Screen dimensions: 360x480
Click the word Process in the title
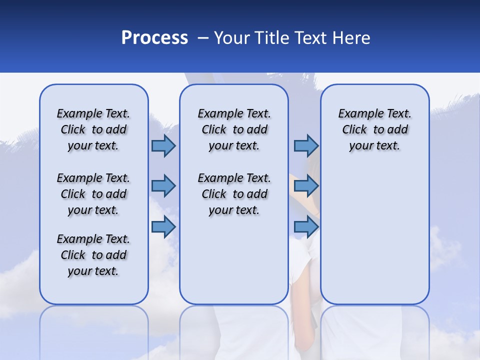tap(154, 38)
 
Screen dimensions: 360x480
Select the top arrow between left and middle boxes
tap(163, 145)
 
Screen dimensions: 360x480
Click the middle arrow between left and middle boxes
tap(163, 186)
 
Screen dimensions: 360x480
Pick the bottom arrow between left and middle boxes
tap(163, 226)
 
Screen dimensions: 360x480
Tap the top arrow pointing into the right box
tap(306, 145)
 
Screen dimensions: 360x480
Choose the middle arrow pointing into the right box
tap(306, 186)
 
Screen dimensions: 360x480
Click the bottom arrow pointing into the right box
tap(306, 226)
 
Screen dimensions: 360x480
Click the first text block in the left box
tap(93, 129)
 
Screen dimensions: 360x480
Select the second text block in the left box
tap(93, 194)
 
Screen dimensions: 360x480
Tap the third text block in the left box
tap(93, 255)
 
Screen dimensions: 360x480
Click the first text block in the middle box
tap(234, 129)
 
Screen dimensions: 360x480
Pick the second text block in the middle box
tap(234, 194)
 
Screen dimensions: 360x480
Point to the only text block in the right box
tap(374, 129)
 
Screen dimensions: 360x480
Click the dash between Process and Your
tap(203, 38)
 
